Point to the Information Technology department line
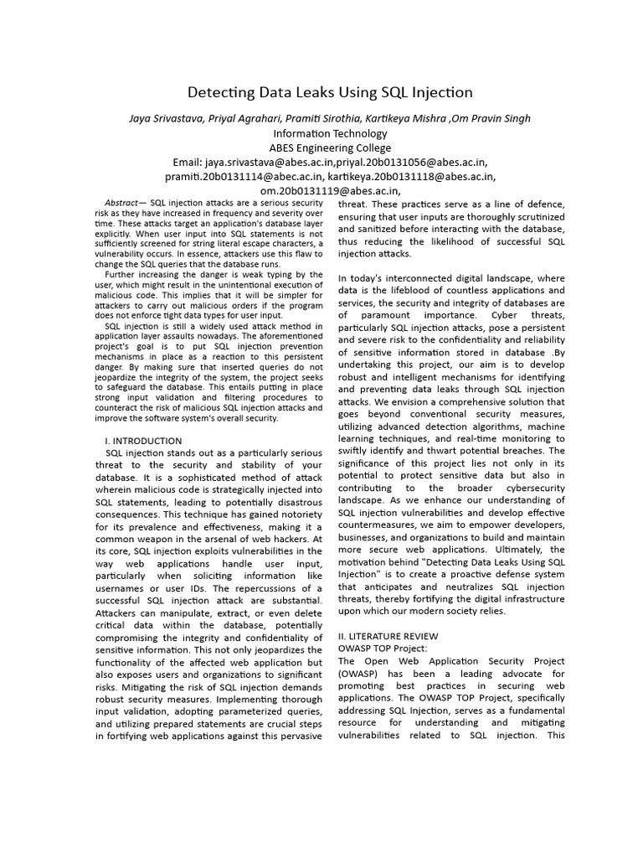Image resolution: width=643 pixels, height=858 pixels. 330,133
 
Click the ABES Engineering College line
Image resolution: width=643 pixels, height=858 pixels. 330,147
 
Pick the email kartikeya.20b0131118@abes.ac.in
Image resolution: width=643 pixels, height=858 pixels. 411,176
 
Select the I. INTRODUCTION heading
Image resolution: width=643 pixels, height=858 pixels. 143,441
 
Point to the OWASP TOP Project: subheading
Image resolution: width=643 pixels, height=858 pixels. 383,649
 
